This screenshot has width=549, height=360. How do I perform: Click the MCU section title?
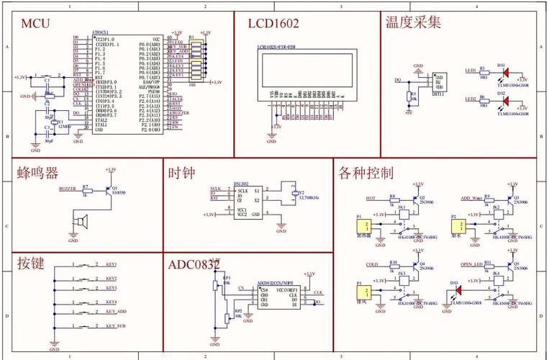(35, 23)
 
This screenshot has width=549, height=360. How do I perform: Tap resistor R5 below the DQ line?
(410, 96)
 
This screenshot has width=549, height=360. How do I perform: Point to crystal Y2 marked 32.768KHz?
(292, 193)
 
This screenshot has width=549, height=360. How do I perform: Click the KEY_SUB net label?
(112, 326)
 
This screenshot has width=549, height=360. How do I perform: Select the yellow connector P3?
(365, 292)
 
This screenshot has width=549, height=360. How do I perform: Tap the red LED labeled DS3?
(455, 290)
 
